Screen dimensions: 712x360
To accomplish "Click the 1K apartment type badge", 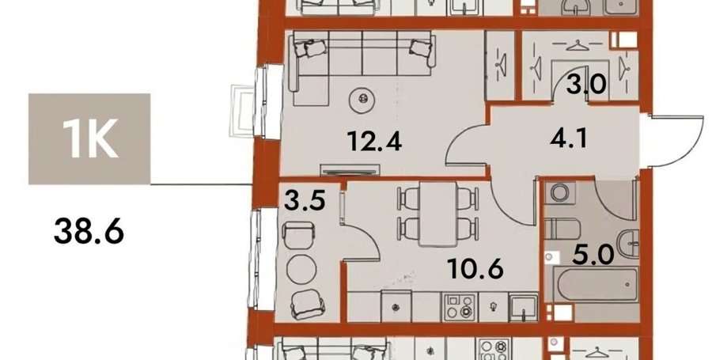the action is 89,139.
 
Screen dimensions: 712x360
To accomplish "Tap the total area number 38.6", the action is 89,230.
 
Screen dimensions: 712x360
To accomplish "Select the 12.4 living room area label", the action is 374,140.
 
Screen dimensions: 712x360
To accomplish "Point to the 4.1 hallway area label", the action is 568,137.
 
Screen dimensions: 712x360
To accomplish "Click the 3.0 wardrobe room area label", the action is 586,84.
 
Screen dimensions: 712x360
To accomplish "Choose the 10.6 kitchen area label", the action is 475,268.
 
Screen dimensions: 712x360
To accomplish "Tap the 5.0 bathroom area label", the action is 593,255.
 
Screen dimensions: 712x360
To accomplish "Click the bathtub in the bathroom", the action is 592,284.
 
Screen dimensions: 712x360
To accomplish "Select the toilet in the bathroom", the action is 562,229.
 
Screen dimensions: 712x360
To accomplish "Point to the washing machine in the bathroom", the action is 560,192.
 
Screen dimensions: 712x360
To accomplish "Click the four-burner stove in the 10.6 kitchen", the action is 459,307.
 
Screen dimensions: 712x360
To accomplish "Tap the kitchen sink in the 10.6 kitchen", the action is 523,307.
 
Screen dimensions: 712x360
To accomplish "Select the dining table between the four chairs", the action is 437,214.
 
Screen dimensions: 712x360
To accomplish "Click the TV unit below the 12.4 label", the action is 350,170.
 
